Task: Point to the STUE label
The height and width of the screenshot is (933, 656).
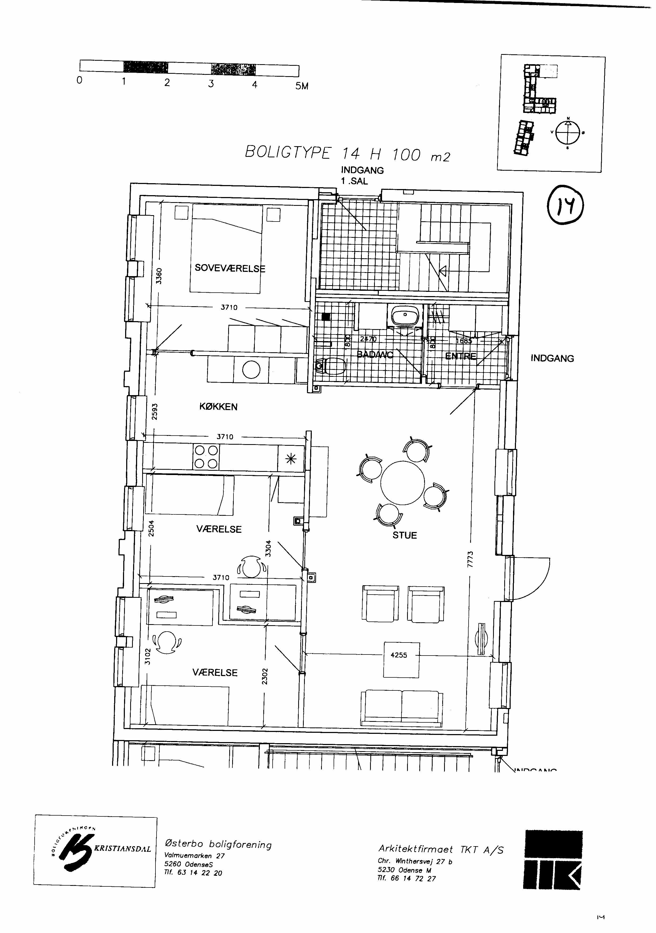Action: click(405, 535)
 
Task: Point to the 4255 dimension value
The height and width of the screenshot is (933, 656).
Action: click(399, 655)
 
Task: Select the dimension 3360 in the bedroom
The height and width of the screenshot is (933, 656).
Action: click(159, 276)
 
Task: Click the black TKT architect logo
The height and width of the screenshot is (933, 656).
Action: click(553, 859)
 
